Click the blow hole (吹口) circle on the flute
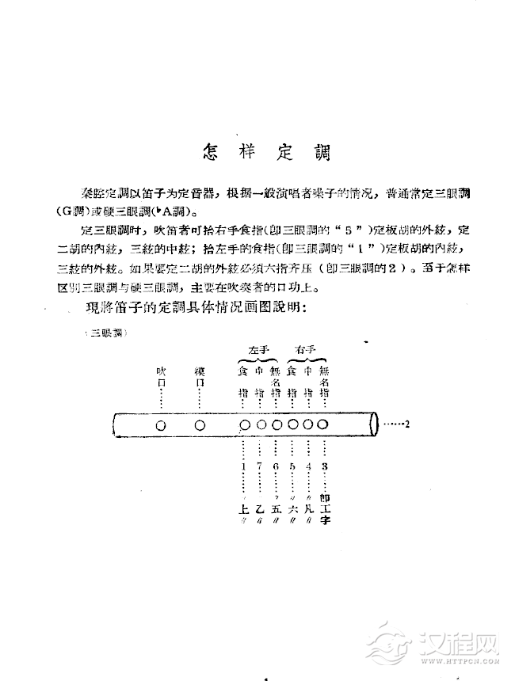[161, 424]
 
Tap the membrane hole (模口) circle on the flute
[200, 424]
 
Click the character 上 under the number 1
[242, 509]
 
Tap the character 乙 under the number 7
[259, 509]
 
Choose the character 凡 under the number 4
[308, 509]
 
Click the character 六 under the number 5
[292, 509]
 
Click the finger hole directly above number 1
[245, 424]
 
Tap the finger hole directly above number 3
[322, 424]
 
